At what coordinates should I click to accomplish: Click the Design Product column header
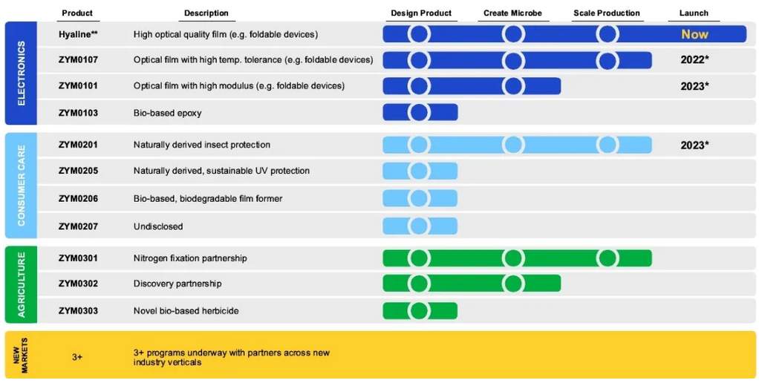421,13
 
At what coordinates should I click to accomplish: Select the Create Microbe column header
513,13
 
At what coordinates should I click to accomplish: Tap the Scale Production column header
607,13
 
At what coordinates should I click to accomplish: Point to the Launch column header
694,13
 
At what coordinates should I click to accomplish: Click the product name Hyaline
76,34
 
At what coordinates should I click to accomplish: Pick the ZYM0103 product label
78,113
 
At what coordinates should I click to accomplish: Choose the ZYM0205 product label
78,171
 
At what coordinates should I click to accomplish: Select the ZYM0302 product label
78,284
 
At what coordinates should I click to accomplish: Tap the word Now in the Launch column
694,34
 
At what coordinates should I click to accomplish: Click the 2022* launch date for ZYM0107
694,60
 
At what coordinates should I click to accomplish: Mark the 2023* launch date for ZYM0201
694,145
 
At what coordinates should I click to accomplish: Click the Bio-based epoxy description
168,113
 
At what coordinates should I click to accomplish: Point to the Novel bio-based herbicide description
186,311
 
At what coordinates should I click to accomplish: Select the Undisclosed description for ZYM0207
158,226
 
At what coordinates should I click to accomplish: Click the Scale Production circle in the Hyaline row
607,34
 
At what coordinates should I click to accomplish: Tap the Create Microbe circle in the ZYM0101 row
513,86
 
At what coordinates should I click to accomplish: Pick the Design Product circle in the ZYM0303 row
419,311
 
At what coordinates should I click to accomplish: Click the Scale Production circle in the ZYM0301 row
607,258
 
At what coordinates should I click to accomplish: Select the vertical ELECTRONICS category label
22,73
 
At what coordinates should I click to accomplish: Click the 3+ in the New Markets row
77,357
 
